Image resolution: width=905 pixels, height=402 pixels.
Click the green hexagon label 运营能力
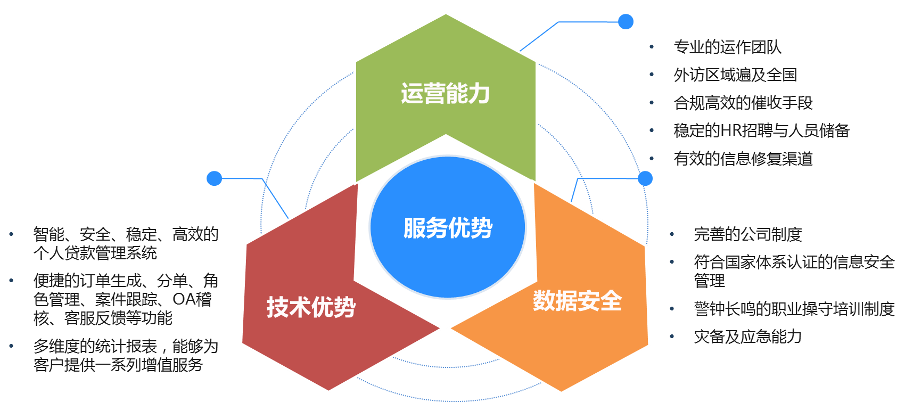(x=445, y=94)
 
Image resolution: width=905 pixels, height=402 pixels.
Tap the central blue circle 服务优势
(x=448, y=228)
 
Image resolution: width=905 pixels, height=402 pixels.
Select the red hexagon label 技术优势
(x=311, y=307)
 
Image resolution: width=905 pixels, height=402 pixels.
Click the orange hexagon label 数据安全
(x=577, y=301)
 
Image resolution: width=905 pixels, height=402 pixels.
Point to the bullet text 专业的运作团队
(x=727, y=47)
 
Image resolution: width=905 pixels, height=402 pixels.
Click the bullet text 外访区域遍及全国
(x=735, y=75)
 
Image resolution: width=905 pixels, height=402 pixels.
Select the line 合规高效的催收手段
(x=743, y=103)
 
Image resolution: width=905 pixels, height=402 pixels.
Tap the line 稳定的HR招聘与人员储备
(x=761, y=130)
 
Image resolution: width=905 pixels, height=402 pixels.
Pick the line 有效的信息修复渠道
(x=743, y=159)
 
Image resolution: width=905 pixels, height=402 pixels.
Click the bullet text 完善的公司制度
(x=747, y=234)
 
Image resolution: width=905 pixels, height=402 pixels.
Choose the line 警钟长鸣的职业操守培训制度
(x=794, y=309)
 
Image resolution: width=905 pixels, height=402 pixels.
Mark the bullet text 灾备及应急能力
(x=747, y=337)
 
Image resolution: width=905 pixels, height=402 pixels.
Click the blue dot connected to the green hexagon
(x=626, y=22)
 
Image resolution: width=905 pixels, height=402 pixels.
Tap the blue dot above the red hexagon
(x=214, y=178)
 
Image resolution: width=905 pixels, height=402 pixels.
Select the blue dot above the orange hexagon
(x=645, y=178)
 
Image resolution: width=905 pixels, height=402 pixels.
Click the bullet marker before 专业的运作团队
(x=652, y=47)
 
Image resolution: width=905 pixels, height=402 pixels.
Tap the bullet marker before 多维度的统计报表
(x=11, y=347)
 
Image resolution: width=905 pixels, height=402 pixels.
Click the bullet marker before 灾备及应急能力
(x=672, y=337)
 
